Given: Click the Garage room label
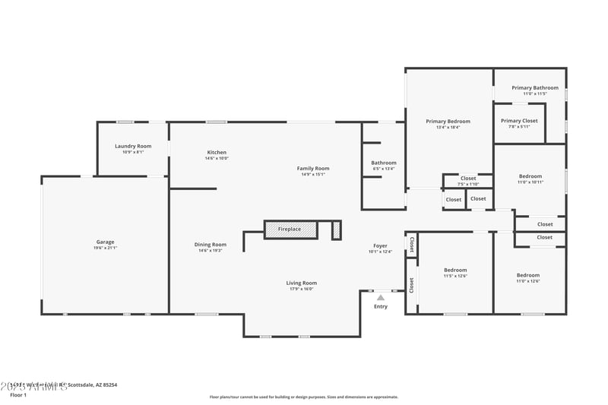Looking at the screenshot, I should pos(105,242).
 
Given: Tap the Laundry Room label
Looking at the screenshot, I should pos(133,146).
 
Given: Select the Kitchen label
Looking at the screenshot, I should pos(217,152).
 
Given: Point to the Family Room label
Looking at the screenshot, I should pos(313,168).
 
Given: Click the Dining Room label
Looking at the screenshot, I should pos(210,245).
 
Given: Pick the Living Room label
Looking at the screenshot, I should pos(302,283).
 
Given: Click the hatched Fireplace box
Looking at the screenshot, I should pos(290,229).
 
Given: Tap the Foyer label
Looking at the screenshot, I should pos(381,245).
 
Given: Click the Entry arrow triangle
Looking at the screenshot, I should pos(381,297).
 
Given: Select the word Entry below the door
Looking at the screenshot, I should pos(381,306).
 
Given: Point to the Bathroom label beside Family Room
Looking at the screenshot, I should pos(384,163).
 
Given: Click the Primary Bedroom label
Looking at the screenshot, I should pos(448,122).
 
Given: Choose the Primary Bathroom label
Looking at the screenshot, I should pos(535,88).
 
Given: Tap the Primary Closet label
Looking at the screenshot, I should pos(519,121).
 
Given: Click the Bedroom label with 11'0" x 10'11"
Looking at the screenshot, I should pos(530,176).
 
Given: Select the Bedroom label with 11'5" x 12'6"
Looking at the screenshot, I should pos(455,270).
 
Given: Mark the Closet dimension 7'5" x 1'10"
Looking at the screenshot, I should pos(468,185).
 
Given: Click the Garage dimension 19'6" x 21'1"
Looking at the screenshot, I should pos(105,248).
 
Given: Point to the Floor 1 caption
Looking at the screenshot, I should pos(17,395).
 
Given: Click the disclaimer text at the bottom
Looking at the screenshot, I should pos(303,397).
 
